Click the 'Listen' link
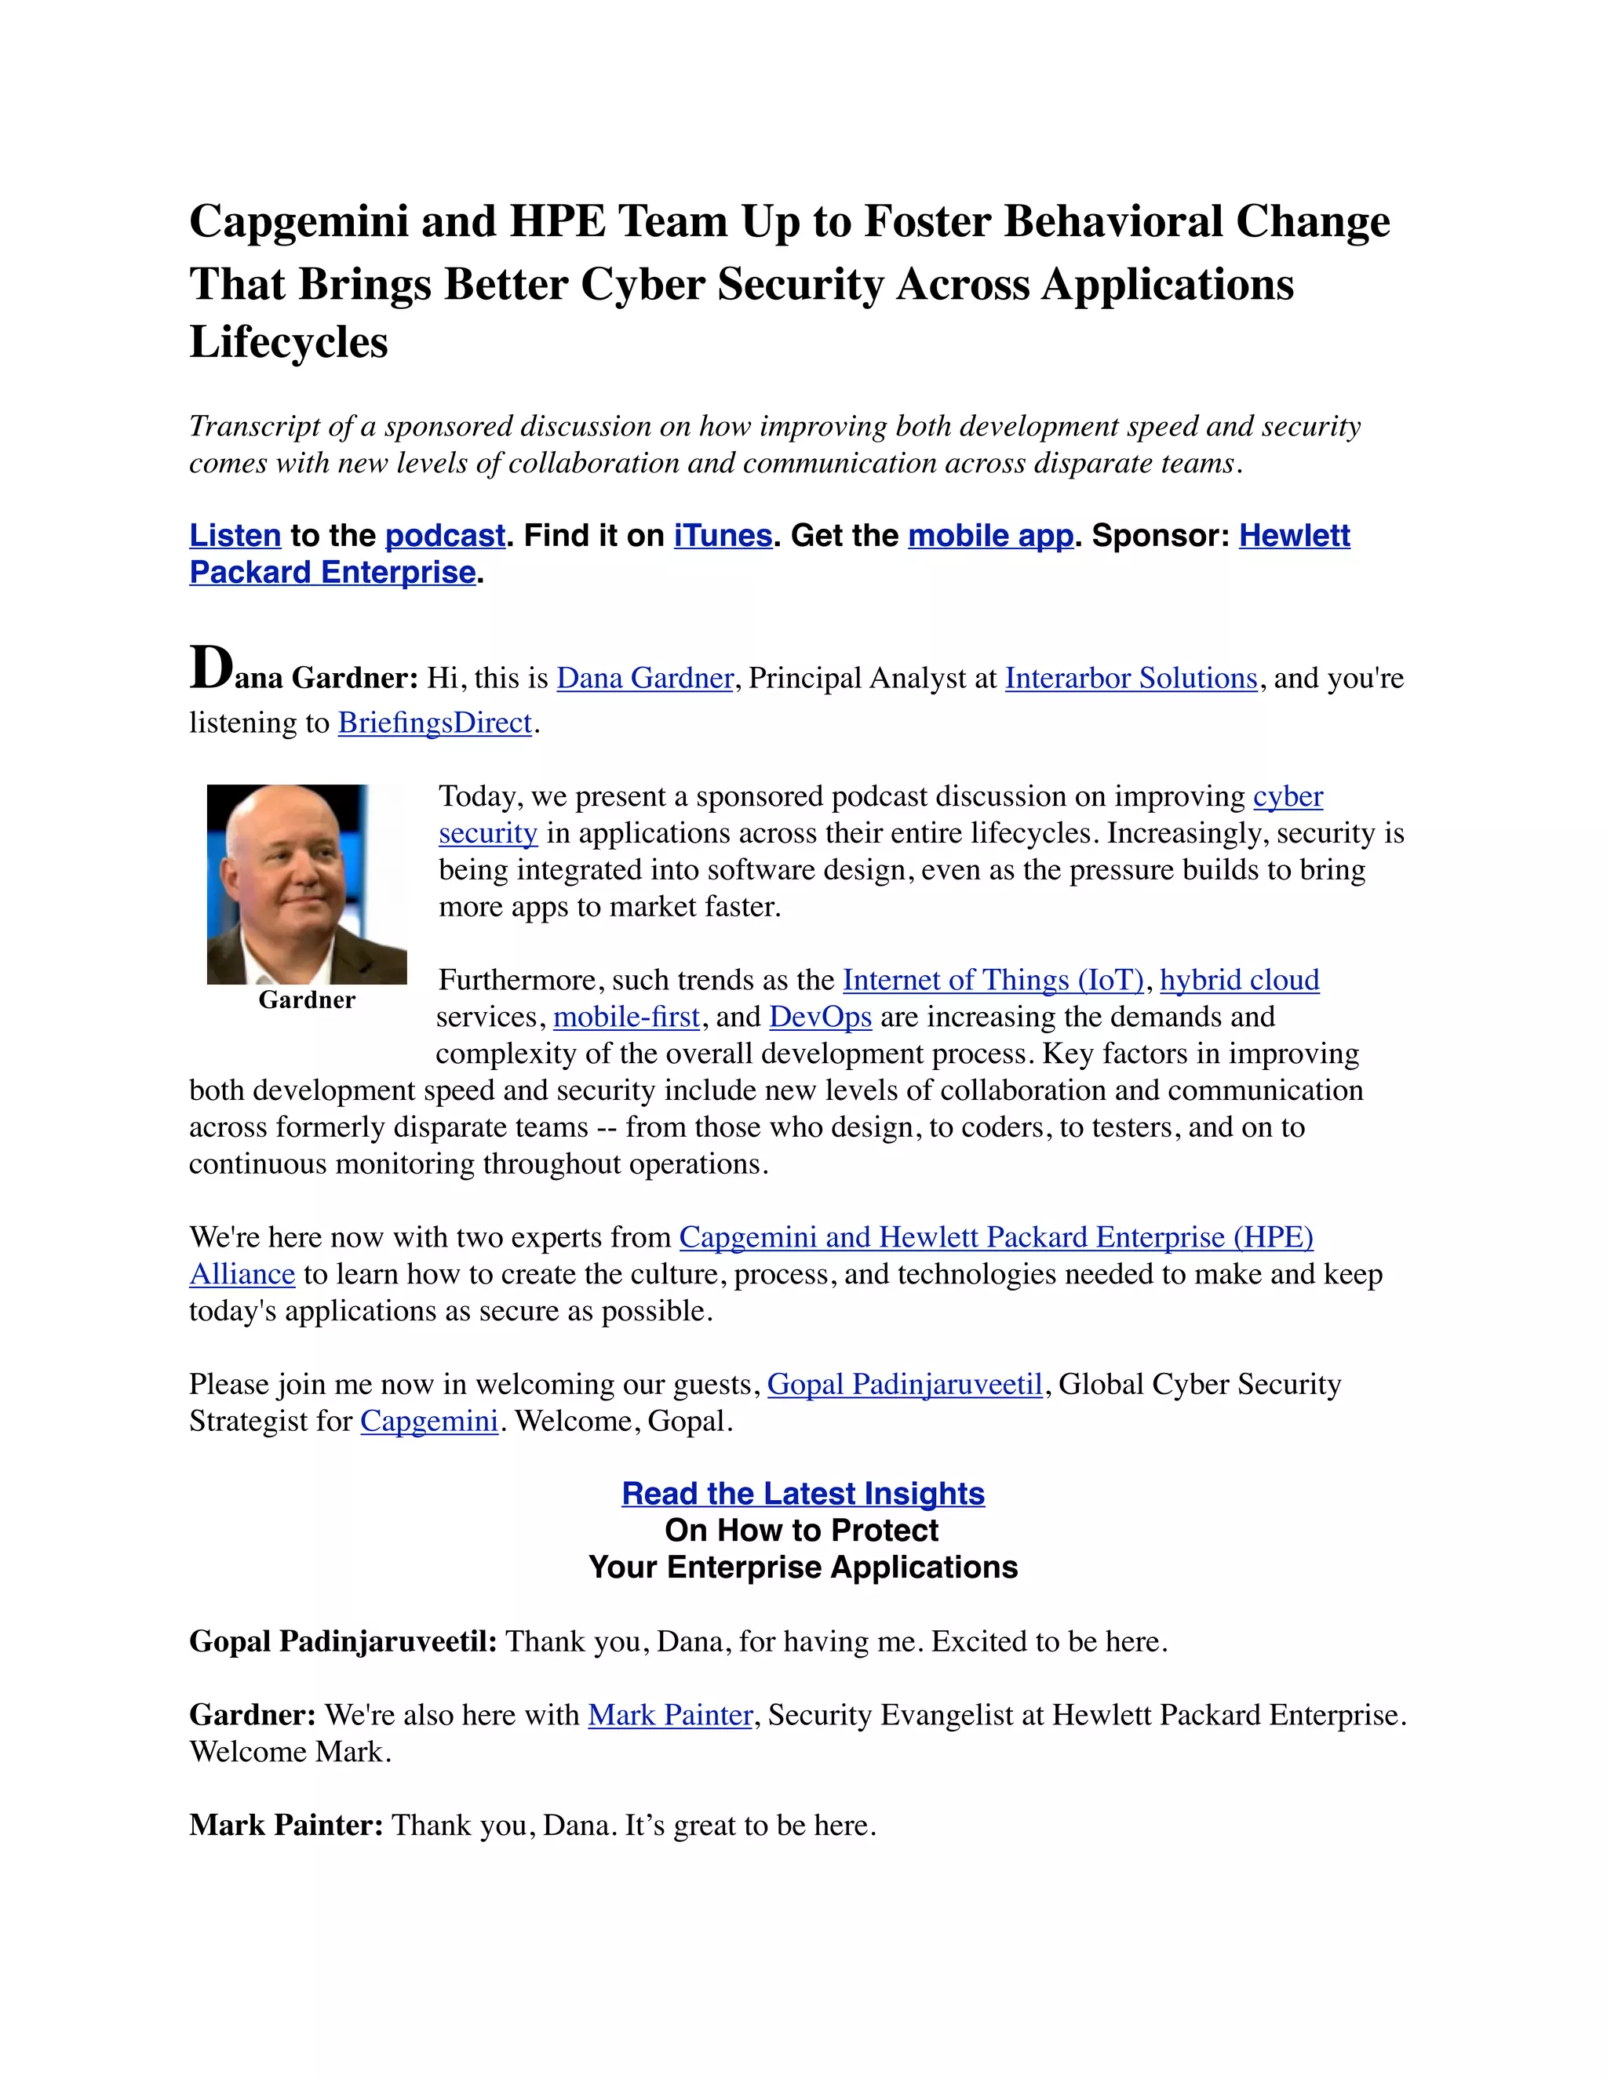[x=235, y=536]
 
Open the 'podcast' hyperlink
[x=445, y=536]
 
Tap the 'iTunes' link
[x=723, y=536]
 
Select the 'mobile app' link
[x=991, y=536]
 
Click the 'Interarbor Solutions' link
[x=1131, y=679]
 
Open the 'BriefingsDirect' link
[x=434, y=723]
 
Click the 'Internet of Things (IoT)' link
[x=993, y=981]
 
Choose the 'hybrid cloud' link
[x=1240, y=981]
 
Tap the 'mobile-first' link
[x=626, y=1018]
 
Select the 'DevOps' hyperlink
[x=821, y=1018]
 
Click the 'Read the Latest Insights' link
[x=803, y=1494]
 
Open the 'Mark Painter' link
[x=670, y=1715]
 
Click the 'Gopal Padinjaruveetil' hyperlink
[x=905, y=1384]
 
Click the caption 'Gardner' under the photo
[x=307, y=1000]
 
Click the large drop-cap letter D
[x=210, y=668]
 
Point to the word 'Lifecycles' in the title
[x=289, y=343]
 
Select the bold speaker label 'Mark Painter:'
[x=286, y=1826]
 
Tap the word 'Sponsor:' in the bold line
[x=1161, y=536]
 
